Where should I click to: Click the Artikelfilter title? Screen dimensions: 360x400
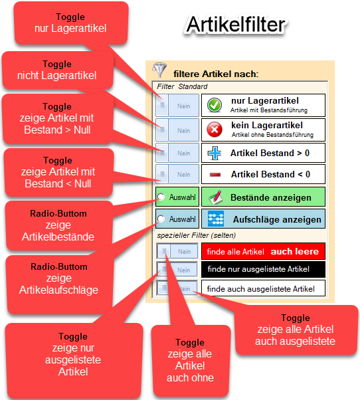(236, 25)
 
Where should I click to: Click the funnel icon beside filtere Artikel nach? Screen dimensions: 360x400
(159, 70)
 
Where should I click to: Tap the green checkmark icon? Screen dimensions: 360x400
(215, 105)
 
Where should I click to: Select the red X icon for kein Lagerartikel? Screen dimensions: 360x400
(215, 130)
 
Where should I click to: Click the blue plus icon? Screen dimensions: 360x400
(215, 153)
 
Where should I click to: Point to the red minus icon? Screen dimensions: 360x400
(215, 175)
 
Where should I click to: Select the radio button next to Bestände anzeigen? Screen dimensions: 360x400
(161, 197)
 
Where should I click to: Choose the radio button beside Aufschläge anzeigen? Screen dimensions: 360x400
(161, 219)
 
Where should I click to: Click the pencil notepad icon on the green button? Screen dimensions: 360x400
(215, 197)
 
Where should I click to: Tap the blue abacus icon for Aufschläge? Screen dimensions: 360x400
(216, 219)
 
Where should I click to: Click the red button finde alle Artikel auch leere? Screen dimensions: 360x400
(264, 251)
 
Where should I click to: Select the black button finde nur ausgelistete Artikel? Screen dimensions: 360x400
(264, 269)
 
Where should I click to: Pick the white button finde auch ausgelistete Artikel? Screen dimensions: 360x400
(264, 288)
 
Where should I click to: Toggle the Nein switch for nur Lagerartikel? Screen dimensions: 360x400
(177, 106)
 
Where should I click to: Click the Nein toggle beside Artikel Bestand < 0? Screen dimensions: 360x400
(177, 174)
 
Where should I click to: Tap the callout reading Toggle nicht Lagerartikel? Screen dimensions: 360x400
(58, 70)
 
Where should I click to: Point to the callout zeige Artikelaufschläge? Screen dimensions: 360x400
(60, 284)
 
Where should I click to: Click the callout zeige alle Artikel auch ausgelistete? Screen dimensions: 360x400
(296, 330)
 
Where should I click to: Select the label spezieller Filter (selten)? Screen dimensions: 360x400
(197, 235)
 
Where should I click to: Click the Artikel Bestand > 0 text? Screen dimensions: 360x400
(270, 153)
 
